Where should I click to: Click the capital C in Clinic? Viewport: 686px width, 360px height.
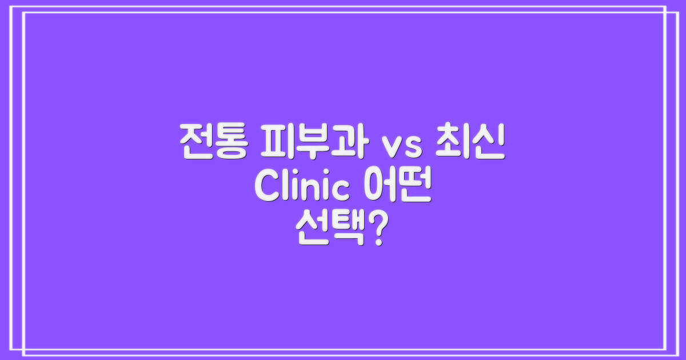point(267,188)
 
